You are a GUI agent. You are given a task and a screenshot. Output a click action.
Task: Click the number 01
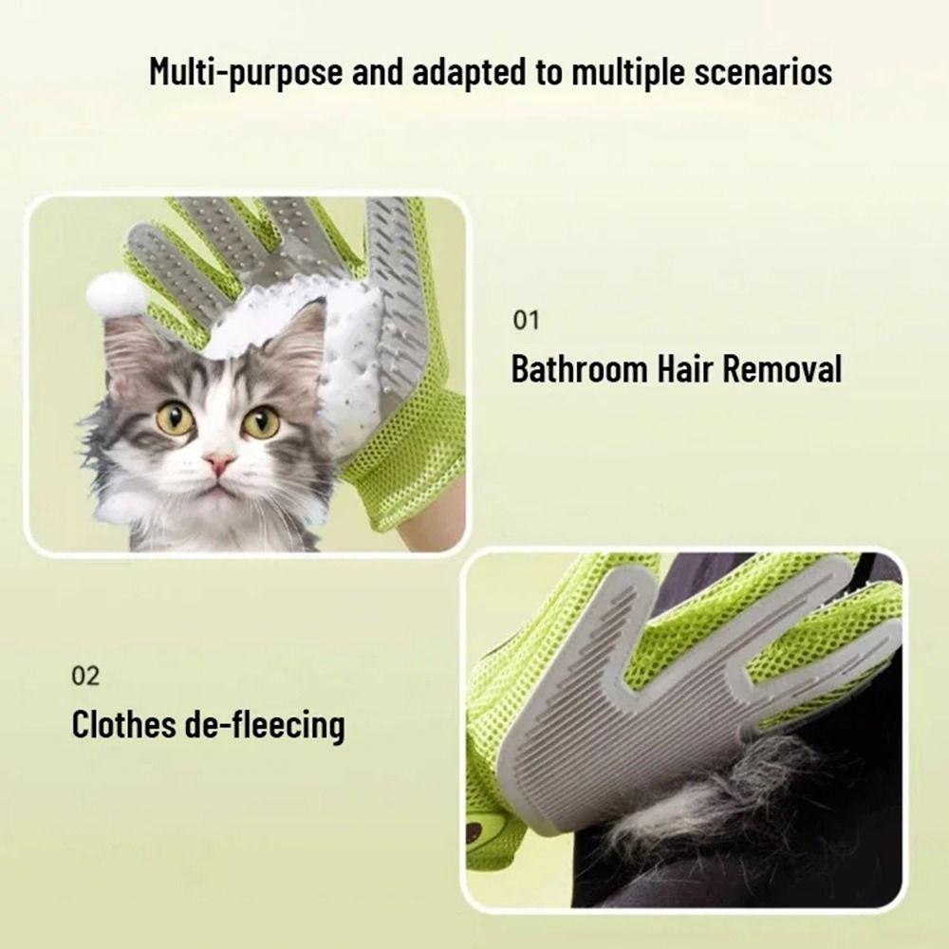[526, 320]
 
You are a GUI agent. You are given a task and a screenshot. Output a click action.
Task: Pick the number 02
[85, 677]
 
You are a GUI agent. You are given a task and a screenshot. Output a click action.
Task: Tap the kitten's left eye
[175, 419]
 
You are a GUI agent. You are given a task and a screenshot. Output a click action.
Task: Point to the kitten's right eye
[260, 421]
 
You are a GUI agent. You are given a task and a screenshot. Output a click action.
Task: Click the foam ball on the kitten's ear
[117, 293]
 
